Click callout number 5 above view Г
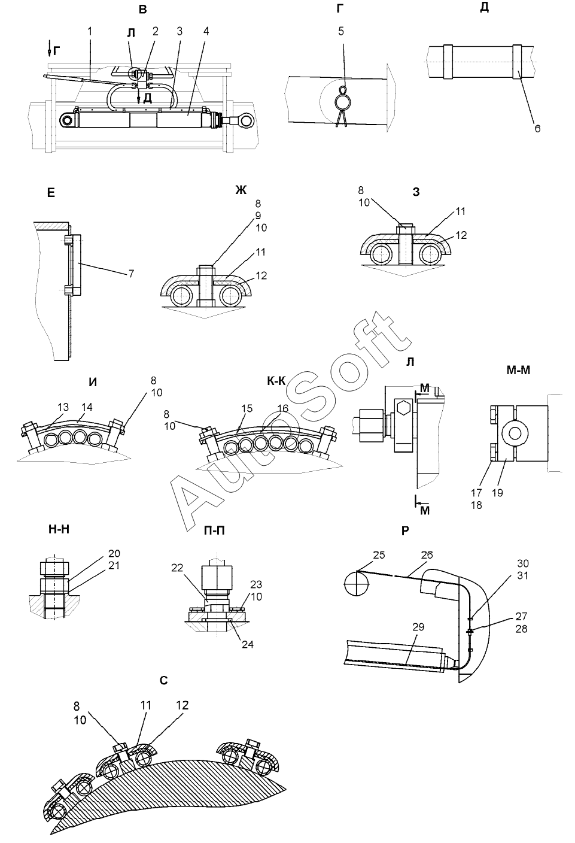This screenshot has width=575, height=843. pos(341,31)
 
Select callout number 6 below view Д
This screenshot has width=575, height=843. pos(537,128)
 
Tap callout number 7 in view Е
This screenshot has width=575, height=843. pos(131,274)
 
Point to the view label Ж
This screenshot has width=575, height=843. pos(241,190)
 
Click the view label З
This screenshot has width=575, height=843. pos(416,192)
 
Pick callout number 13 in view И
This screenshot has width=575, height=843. pos(63,407)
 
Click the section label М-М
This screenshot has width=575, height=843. pos(518,370)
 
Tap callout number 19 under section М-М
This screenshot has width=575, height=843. pos(498,493)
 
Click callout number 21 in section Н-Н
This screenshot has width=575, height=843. pos(114,565)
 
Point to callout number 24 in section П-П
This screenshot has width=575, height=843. pos(247,645)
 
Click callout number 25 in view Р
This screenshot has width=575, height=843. pos(378,556)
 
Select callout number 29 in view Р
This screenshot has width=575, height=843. pos(418,627)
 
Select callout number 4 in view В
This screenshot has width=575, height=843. pos(206,31)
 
